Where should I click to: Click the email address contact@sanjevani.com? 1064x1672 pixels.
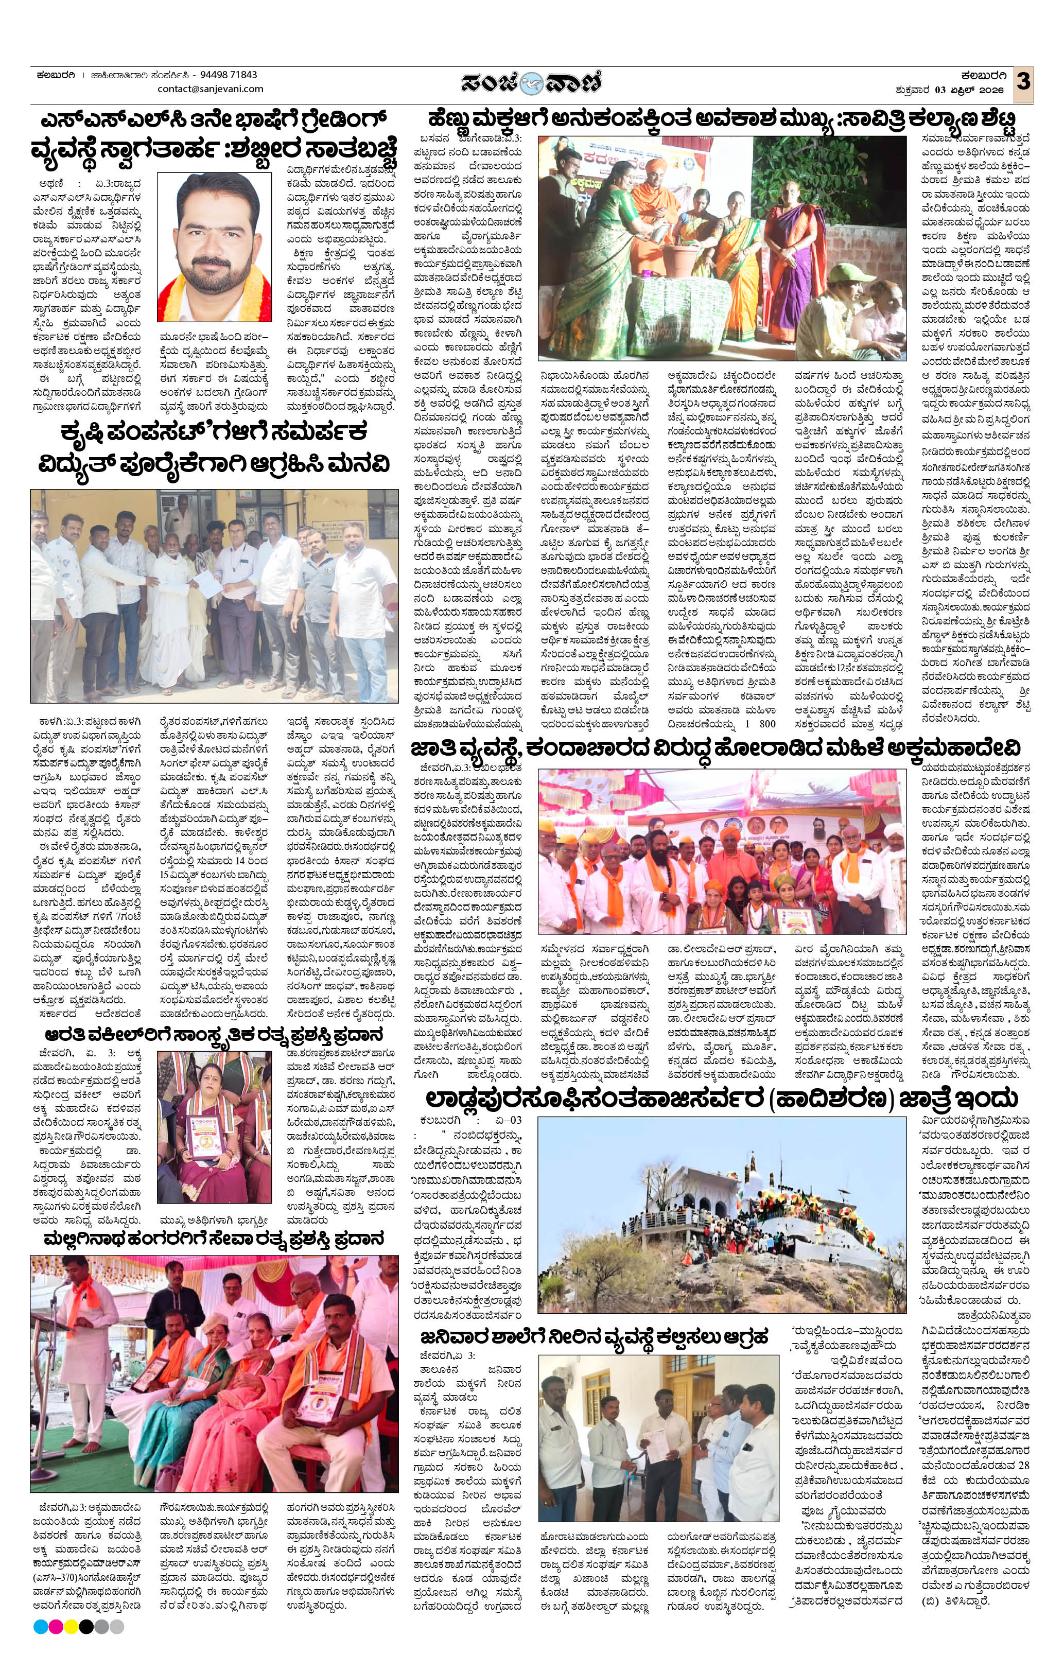click(211, 89)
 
